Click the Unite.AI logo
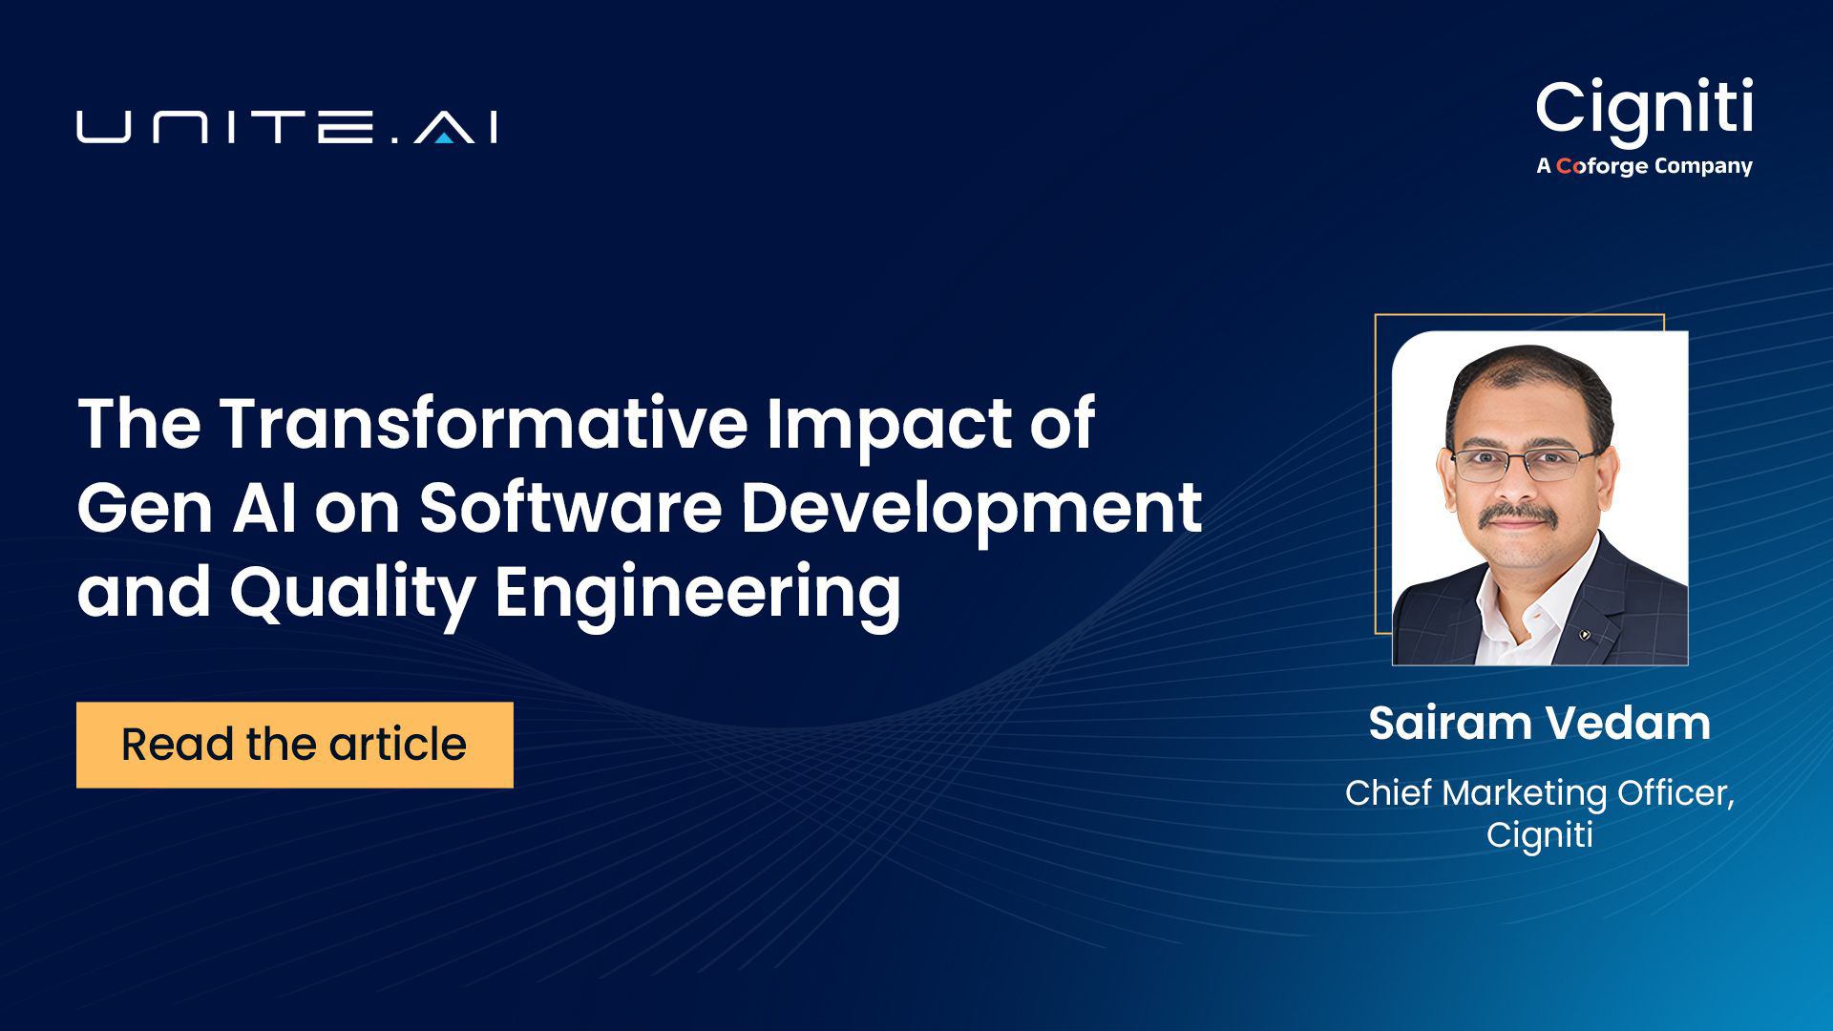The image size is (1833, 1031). click(x=286, y=128)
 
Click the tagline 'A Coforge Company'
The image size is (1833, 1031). click(x=1644, y=166)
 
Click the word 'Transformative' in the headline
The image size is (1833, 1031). click(x=483, y=423)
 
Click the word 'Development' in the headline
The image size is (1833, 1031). click(x=970, y=510)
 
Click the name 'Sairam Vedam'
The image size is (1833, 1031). click(x=1539, y=723)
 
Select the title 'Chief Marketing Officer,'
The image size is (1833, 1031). click(x=1539, y=793)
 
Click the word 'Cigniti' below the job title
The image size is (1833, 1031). click(x=1539, y=834)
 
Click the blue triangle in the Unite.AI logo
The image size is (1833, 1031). click(x=443, y=137)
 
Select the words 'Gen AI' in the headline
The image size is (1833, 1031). click(x=186, y=508)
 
